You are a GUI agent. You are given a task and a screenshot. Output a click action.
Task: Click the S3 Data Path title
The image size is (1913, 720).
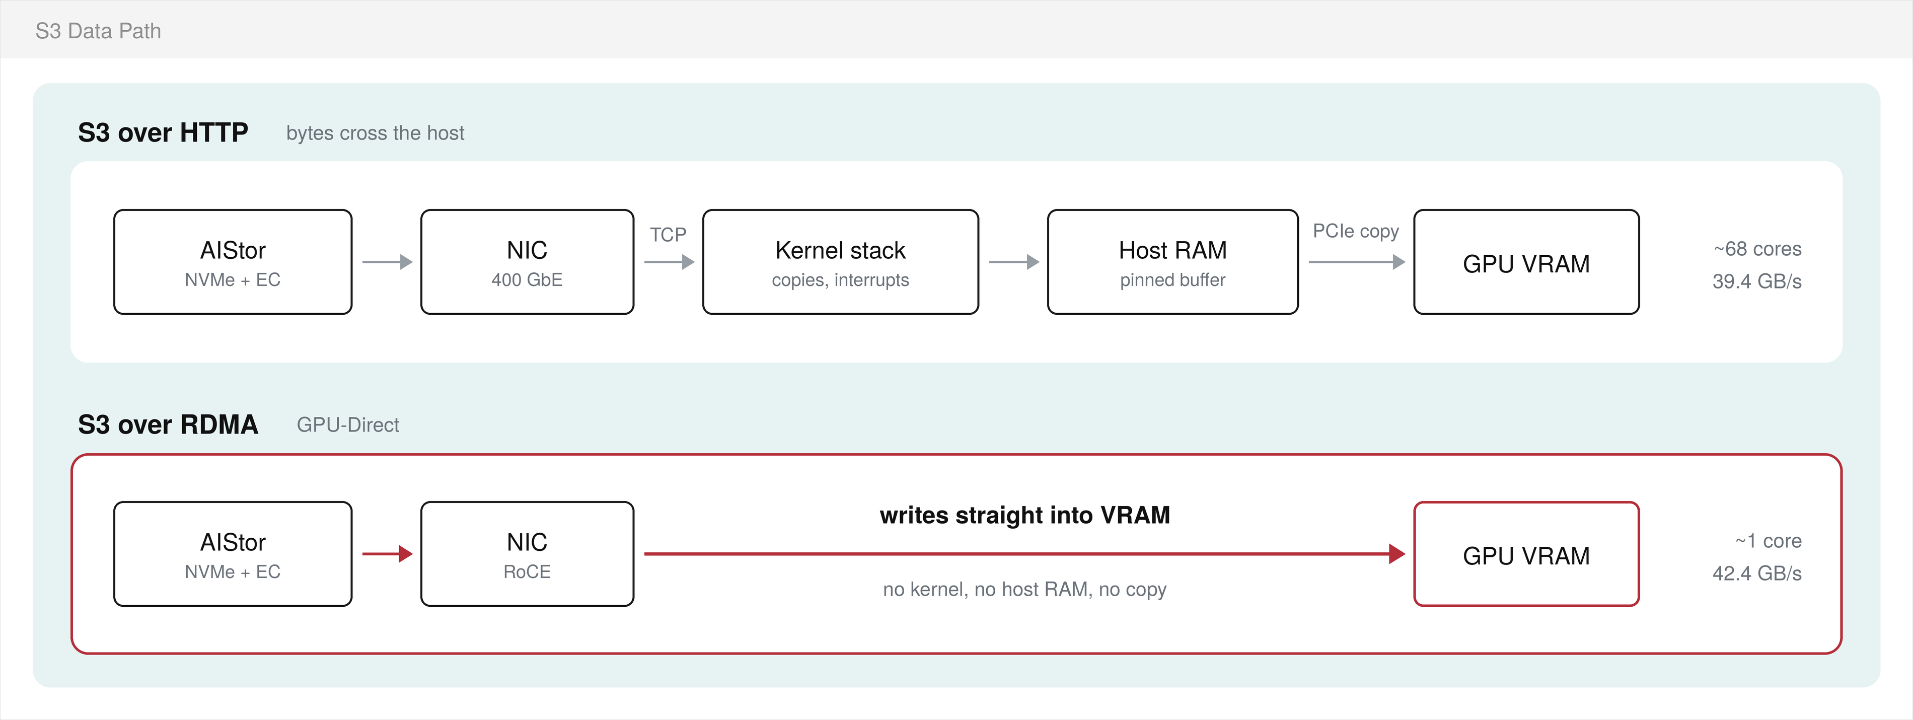click(x=98, y=31)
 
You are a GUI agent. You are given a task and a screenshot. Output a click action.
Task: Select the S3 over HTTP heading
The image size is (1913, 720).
click(x=163, y=132)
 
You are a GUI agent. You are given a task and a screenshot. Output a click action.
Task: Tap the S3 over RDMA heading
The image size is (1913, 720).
click(x=168, y=424)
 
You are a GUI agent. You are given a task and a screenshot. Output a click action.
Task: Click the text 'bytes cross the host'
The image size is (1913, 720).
click(x=375, y=133)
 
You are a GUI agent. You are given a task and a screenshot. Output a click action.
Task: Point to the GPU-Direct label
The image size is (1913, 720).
click(x=347, y=424)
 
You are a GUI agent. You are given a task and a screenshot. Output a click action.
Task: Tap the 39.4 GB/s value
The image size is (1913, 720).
click(x=1756, y=281)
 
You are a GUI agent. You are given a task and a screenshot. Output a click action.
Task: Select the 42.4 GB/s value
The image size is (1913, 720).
click(x=1756, y=573)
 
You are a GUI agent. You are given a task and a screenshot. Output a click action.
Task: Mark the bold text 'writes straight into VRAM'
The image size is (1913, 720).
click(x=1025, y=515)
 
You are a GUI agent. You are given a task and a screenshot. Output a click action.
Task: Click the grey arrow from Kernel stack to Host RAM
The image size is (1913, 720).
click(x=1014, y=261)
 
